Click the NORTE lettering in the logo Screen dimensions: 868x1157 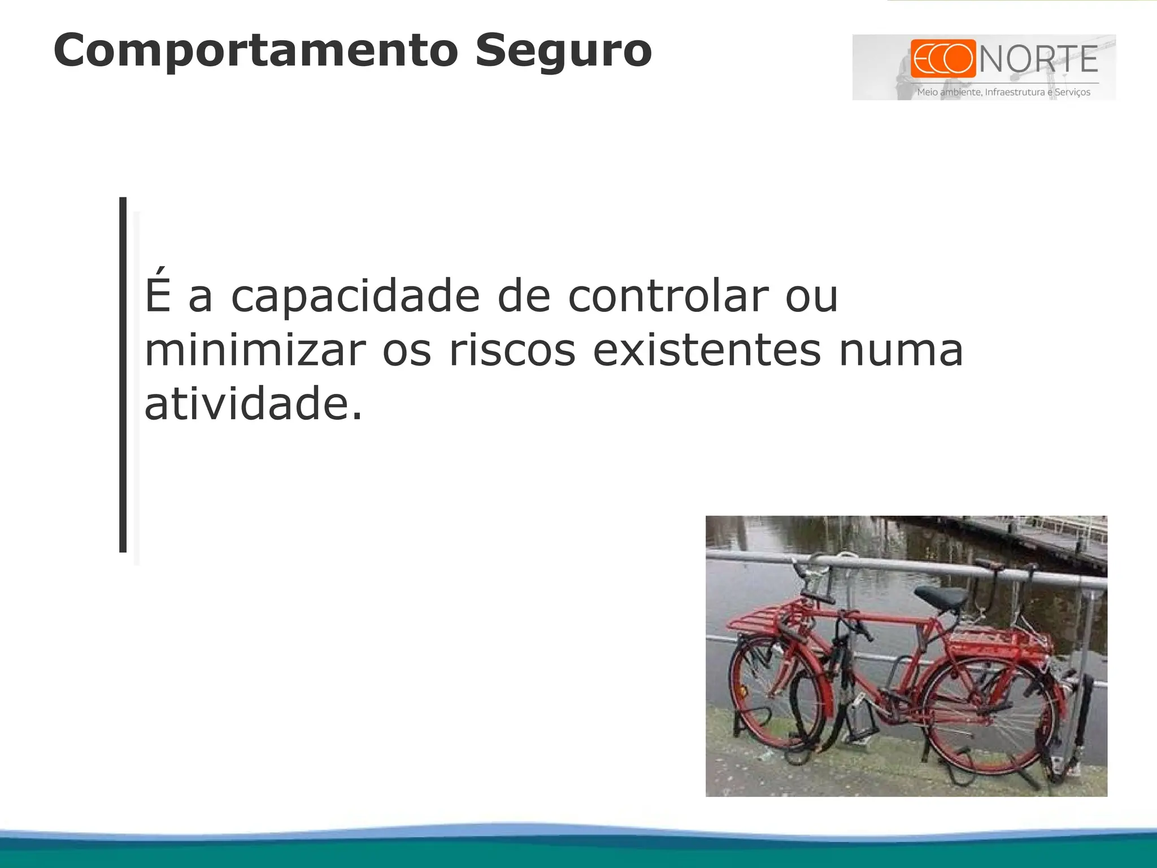(x=1038, y=59)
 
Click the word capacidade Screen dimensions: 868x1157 (x=355, y=296)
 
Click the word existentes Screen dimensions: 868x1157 (x=706, y=350)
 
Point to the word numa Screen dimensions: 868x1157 (x=901, y=350)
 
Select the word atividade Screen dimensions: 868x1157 (x=253, y=404)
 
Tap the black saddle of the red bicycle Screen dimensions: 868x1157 (x=941, y=598)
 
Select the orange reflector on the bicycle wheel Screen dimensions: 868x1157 (x=742, y=692)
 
